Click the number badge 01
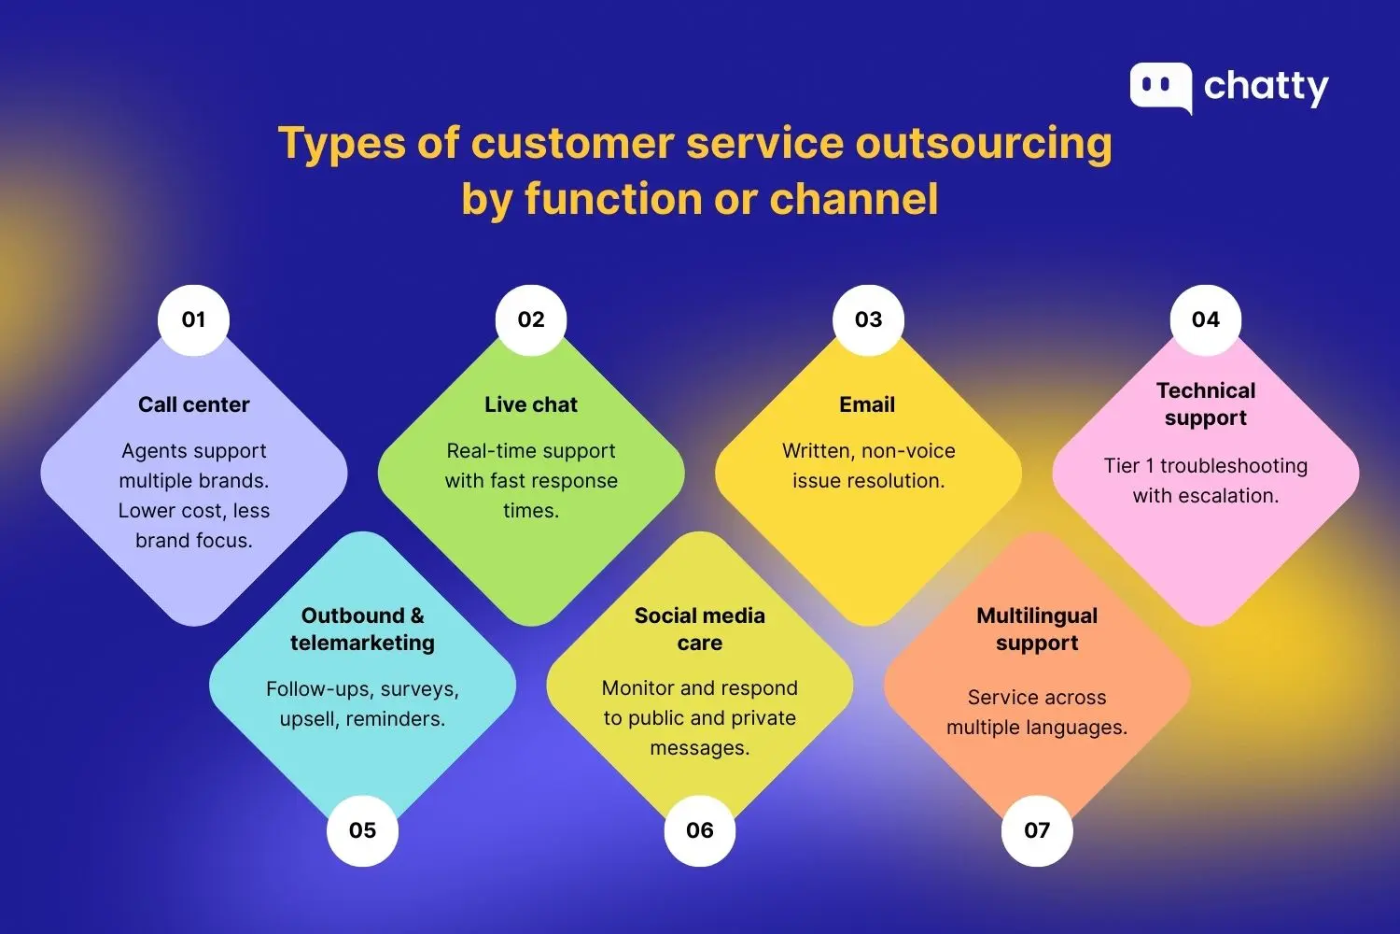193,319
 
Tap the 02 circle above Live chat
531,319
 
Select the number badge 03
868,319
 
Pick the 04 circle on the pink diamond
1205,319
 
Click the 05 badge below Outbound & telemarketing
362,830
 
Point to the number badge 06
699,830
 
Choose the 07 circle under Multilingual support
1037,830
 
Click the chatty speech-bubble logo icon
1160,87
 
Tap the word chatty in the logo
1266,87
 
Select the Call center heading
194,404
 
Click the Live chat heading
531,404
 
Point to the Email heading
867,404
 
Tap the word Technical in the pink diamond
1206,390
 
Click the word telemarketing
362,643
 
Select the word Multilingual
1037,616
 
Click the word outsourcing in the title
984,144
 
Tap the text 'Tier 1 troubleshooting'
1206,465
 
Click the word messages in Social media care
699,748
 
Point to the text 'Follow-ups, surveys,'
362,689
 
